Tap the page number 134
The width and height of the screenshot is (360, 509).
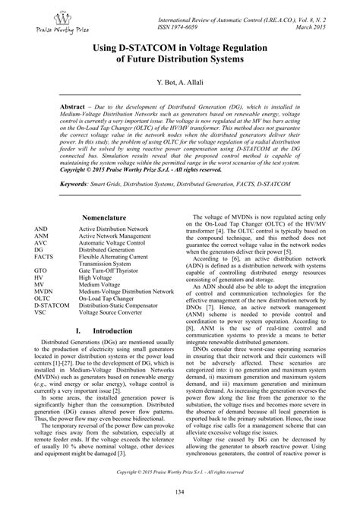tap(180, 496)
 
